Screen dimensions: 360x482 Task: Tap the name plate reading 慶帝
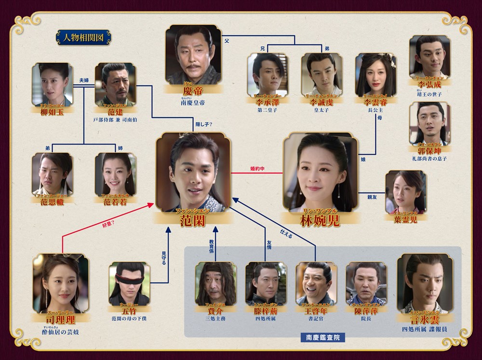(x=190, y=91)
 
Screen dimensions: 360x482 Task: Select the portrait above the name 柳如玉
(x=52, y=84)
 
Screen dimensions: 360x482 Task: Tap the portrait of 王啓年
(x=316, y=284)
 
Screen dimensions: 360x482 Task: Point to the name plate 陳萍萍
(x=366, y=310)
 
